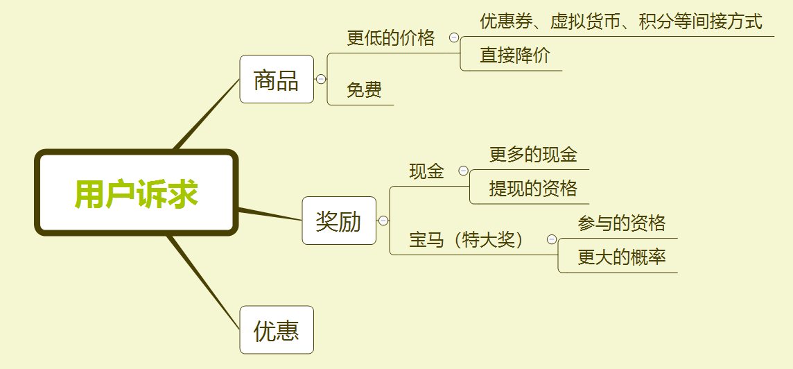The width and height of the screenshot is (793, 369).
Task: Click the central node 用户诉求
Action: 137,193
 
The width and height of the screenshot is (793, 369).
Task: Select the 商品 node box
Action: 277,80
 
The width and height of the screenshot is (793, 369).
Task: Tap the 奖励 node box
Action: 339,221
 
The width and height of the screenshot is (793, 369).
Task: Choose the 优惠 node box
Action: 277,330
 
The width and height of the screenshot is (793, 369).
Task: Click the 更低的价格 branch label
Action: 391,38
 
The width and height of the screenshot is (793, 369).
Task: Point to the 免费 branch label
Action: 364,90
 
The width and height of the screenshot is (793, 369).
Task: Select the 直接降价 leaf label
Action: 515,55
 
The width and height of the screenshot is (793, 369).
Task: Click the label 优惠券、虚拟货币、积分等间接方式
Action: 621,22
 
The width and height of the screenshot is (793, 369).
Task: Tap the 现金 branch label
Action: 426,171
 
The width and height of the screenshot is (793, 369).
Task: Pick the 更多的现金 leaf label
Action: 533,154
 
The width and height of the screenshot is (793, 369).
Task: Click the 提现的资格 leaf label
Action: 533,189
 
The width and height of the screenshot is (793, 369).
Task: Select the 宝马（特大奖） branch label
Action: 468,240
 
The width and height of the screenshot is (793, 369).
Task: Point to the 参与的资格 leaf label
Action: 621,223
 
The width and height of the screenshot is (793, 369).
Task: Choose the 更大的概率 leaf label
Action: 621,257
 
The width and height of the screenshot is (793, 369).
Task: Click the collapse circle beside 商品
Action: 321,79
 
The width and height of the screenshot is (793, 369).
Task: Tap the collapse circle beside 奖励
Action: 383,221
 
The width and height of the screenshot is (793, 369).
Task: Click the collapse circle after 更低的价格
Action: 454,37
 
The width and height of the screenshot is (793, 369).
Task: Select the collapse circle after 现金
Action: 463,171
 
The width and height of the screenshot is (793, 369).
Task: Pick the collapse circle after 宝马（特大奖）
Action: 552,239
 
